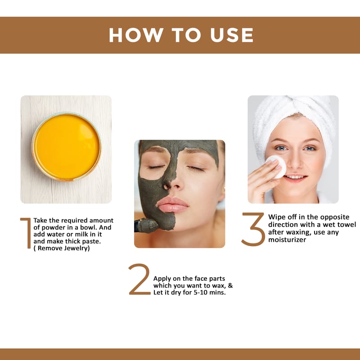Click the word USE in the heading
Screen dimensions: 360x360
232,35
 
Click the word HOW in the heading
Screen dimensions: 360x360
136,35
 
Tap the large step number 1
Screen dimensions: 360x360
27,233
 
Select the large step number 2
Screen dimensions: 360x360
139,279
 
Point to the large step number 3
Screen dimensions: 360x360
253,229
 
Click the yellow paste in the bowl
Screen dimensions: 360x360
67,147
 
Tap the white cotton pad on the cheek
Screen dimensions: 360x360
277,166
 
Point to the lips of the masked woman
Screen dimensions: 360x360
172,205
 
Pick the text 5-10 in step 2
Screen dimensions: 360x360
201,293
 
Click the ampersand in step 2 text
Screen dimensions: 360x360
230,286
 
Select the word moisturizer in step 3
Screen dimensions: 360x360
287,240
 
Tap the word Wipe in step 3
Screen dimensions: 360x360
276,217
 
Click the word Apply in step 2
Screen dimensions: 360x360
162,279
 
